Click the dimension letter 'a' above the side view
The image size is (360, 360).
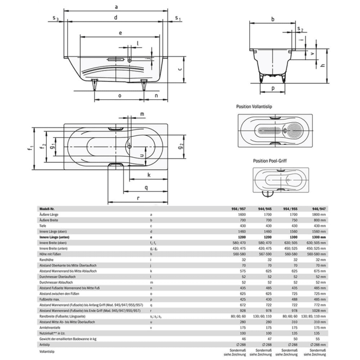(116, 7)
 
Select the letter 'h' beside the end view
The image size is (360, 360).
(322, 65)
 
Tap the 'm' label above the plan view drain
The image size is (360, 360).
(141, 114)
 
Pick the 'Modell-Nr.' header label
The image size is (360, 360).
(48, 208)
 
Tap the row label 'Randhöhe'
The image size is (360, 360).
(46, 260)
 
